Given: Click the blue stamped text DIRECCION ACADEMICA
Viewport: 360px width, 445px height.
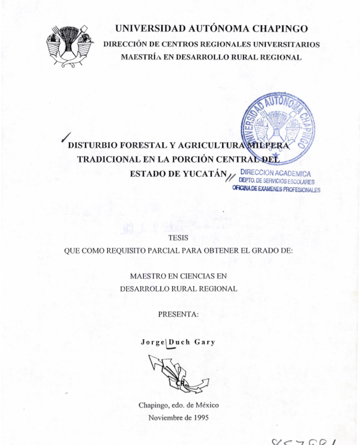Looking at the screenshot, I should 275,173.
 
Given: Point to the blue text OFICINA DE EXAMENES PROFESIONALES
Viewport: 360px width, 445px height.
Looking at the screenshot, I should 276,189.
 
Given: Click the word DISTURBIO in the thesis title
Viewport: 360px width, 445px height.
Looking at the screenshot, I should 92,145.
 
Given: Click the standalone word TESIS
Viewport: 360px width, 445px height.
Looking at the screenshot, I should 178,238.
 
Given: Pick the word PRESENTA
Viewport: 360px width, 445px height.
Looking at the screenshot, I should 178,314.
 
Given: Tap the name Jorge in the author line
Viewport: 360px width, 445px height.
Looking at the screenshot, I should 153,342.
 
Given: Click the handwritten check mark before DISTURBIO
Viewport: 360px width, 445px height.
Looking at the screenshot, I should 66,137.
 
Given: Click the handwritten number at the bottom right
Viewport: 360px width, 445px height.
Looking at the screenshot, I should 304,441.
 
